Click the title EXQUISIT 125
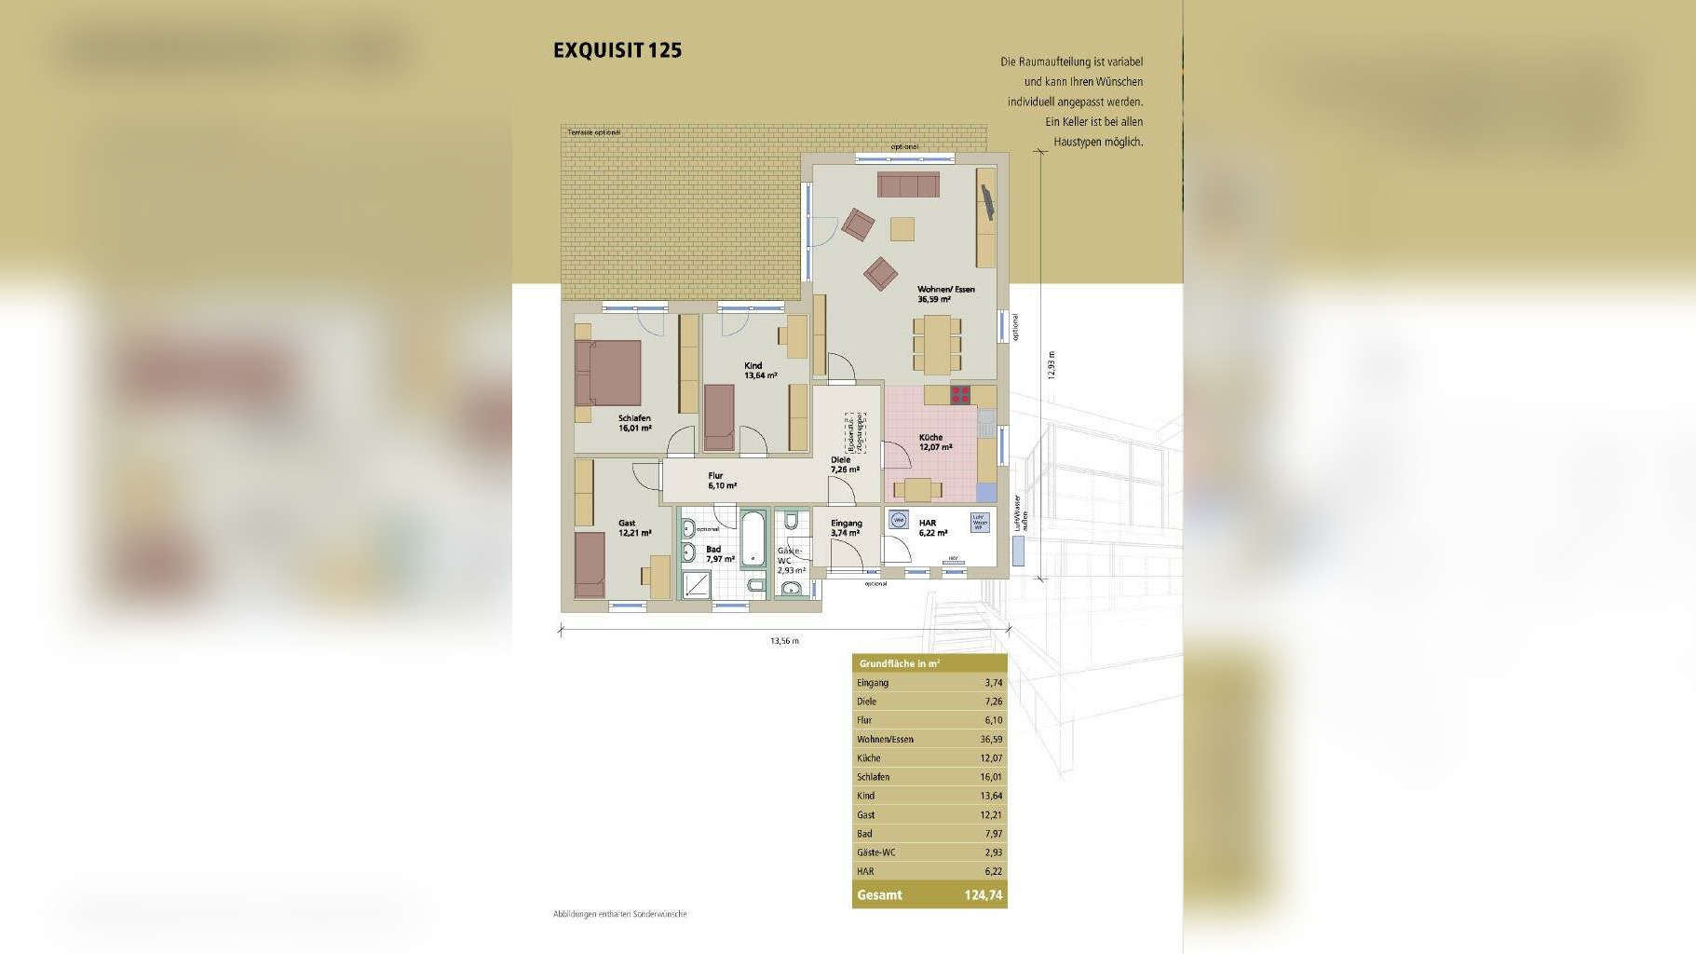tap(617, 50)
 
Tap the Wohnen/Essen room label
tap(944, 293)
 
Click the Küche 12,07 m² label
tap(934, 442)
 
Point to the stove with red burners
tap(960, 395)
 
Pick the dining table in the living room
tap(937, 345)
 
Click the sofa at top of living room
tap(907, 184)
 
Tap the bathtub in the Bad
tap(753, 538)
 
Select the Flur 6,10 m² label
tap(721, 481)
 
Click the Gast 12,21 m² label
tap(633, 528)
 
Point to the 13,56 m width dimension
tap(784, 641)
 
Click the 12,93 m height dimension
tap(1052, 364)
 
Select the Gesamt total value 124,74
tap(983, 895)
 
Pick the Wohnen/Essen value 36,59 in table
tap(990, 740)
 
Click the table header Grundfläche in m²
tap(899, 664)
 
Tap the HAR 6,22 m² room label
tap(931, 528)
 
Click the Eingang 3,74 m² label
tap(846, 528)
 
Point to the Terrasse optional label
tap(593, 132)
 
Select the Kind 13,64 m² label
tap(759, 371)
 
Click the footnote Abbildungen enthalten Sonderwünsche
tap(619, 914)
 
